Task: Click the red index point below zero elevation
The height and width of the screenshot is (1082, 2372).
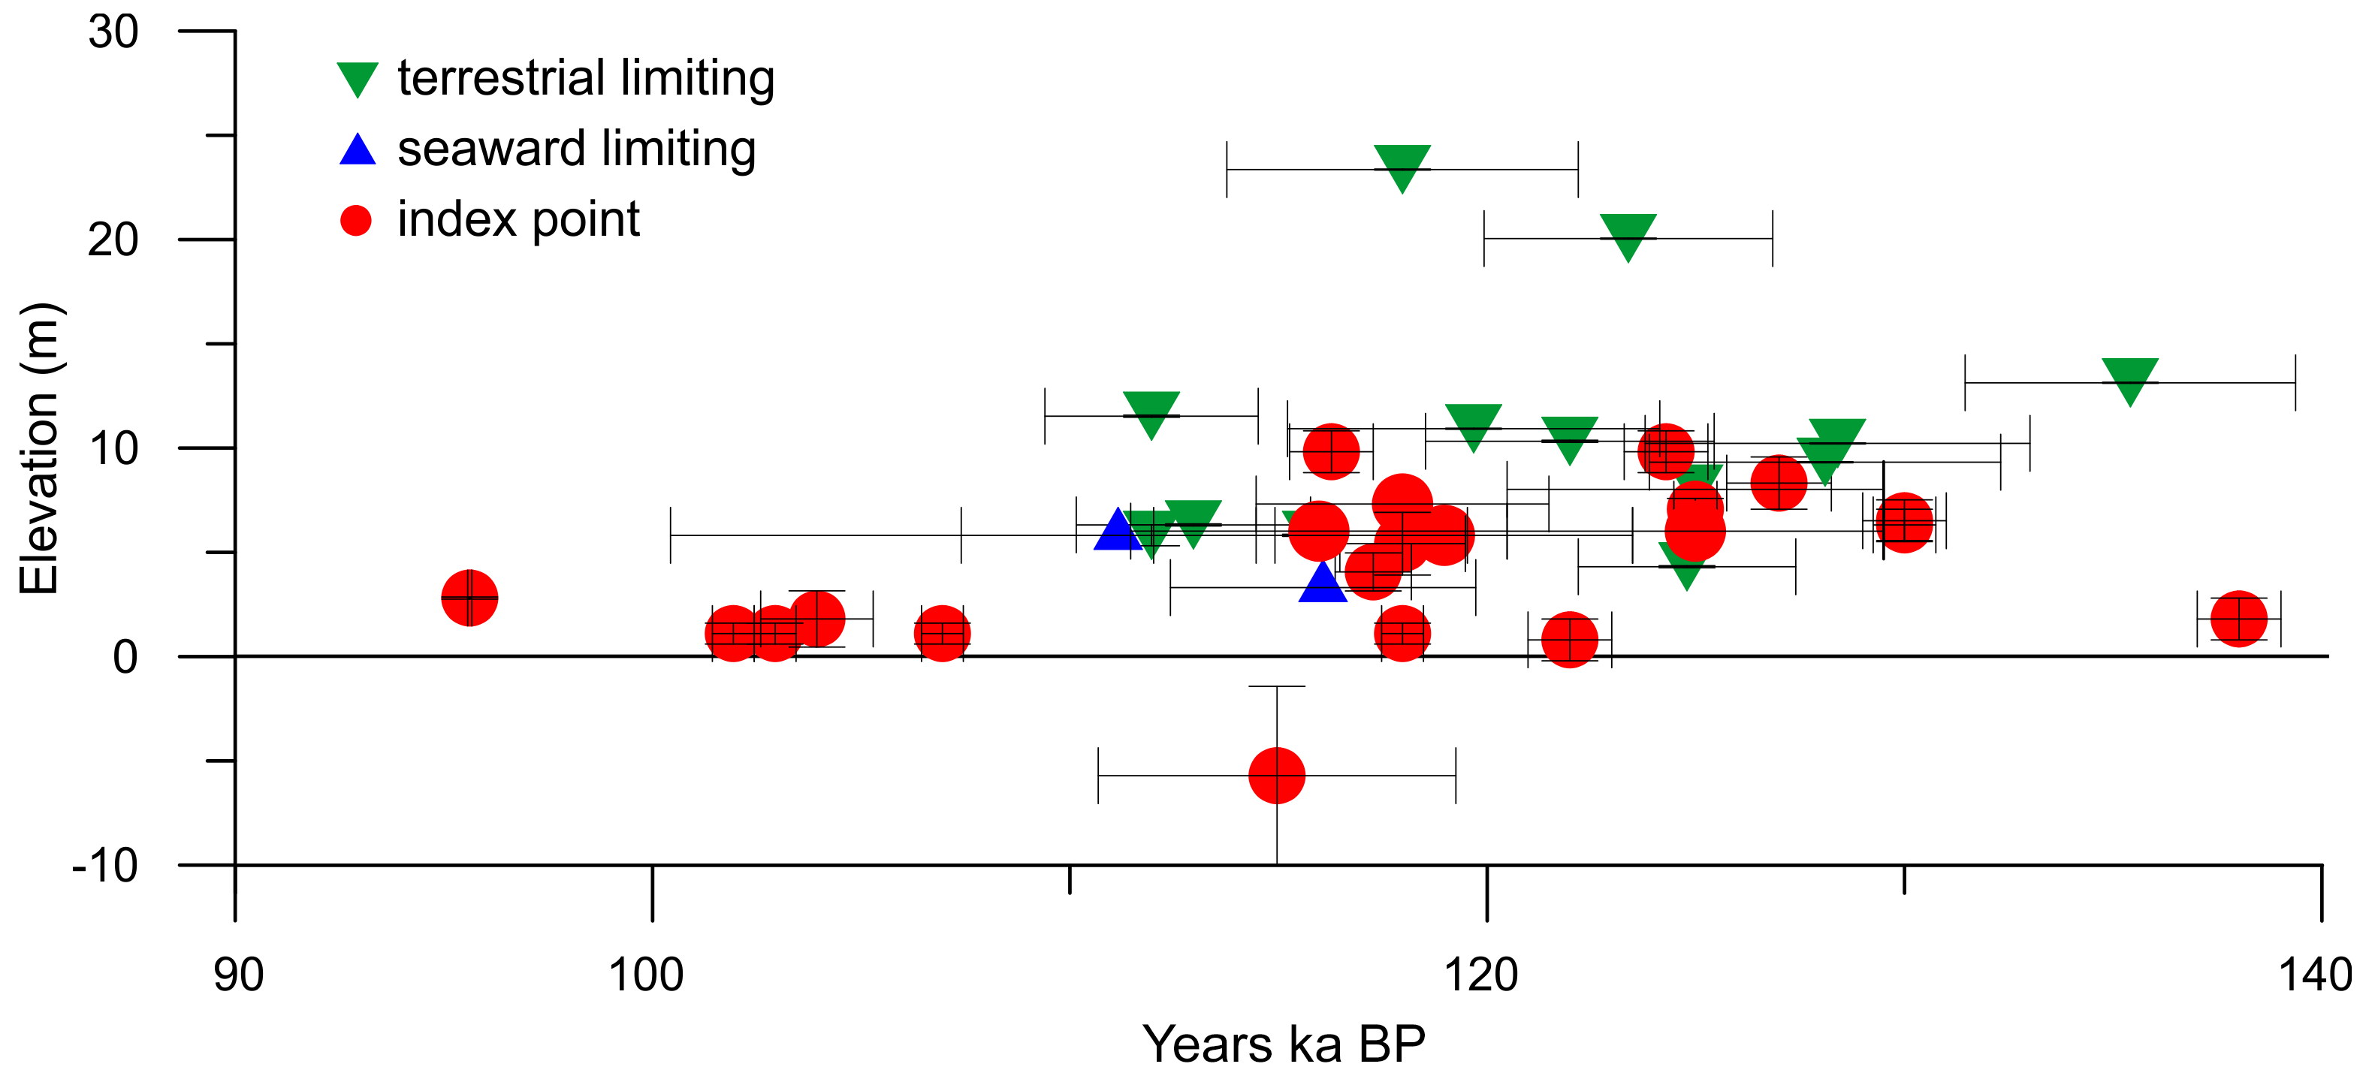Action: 1276,776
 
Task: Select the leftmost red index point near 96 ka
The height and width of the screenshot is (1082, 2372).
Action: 469,598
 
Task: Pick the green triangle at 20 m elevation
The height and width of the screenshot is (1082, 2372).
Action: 1628,236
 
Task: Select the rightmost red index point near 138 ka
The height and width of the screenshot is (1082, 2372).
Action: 2238,619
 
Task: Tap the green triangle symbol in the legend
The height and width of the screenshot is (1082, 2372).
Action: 358,79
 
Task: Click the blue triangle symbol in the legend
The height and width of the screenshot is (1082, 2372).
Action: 358,150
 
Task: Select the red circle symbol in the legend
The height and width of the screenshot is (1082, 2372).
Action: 356,221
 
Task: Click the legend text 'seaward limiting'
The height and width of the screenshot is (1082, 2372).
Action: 576,149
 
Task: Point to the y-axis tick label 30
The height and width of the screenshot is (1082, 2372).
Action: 113,32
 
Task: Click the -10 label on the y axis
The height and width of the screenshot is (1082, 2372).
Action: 105,866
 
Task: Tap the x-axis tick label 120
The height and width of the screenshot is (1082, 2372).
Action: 1480,975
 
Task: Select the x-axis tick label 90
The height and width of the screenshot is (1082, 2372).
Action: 239,975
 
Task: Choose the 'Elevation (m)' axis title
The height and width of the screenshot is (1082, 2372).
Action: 41,448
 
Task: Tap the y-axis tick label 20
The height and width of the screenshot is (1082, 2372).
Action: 113,240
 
